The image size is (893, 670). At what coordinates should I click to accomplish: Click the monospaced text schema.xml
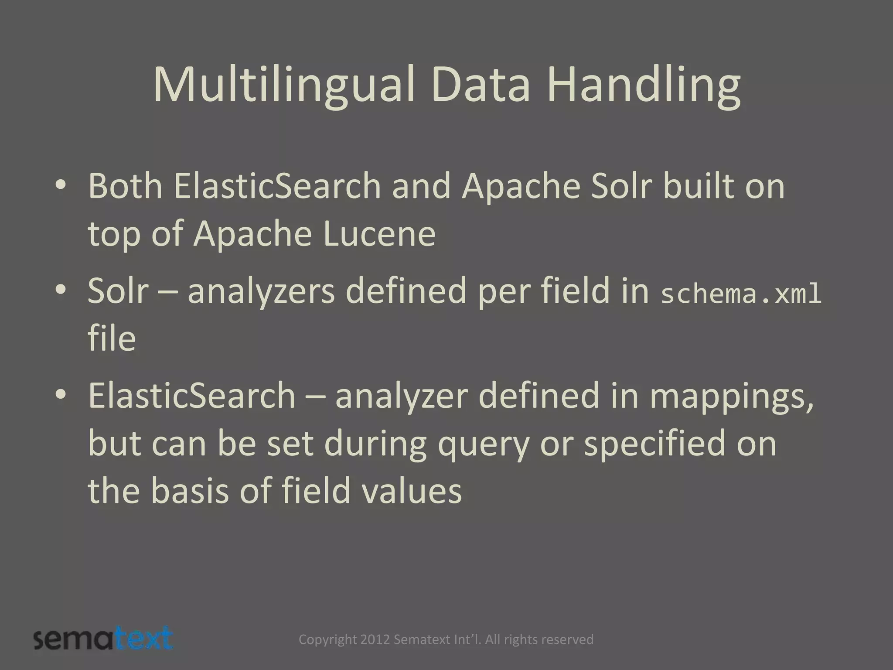741,294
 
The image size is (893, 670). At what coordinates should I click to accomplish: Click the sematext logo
103,639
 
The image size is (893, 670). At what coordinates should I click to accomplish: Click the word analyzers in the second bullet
261,291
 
